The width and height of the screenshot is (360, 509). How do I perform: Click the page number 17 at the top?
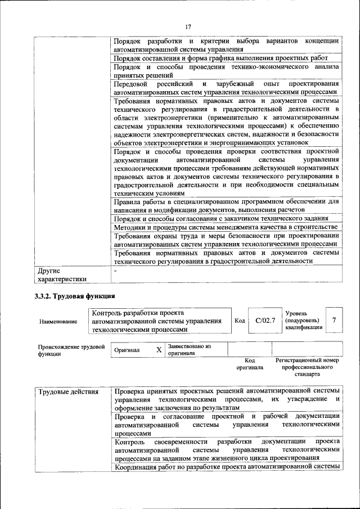point(188,26)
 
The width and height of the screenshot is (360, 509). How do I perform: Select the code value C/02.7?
point(264,321)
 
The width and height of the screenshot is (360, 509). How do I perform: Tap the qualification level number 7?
point(334,321)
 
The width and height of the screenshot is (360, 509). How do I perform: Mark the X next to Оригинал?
point(159,350)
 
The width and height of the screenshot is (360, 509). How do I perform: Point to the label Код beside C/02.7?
point(239,321)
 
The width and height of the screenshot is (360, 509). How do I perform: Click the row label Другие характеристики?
point(61,274)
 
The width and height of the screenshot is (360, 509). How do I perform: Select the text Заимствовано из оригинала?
point(188,350)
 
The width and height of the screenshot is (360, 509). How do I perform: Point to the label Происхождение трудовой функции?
point(71,350)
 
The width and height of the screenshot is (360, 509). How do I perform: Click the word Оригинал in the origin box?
point(127,350)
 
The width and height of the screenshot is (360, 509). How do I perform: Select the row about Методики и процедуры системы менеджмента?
point(225,227)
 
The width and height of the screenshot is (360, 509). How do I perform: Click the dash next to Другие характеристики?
point(115,271)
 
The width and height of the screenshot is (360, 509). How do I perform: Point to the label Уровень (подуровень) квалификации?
point(304,320)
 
